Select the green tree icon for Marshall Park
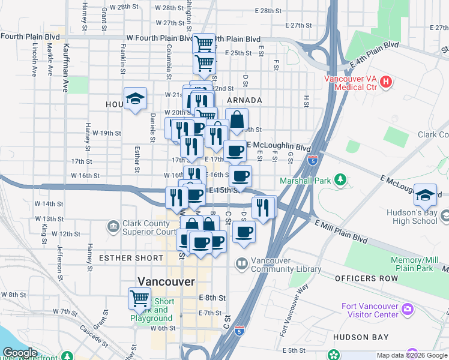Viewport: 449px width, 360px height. coord(341,179)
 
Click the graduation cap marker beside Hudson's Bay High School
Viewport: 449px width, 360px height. coord(425,193)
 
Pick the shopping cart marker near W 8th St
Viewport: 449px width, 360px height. coord(139,297)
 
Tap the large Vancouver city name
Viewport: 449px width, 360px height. coord(166,281)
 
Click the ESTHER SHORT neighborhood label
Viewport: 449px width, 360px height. coord(131,258)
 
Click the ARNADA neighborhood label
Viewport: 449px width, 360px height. coord(244,100)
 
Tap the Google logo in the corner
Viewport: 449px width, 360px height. coord(20,353)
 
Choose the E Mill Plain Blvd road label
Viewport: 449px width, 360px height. coord(341,231)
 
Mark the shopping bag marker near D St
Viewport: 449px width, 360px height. coord(237,119)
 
